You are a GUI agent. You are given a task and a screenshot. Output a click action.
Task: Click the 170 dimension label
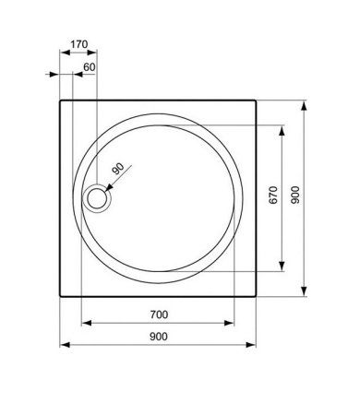[79, 44]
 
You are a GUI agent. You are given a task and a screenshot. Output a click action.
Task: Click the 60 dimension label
[90, 67]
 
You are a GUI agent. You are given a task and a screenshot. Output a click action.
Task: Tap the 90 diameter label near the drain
[118, 169]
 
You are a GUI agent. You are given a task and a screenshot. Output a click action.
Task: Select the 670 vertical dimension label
[273, 196]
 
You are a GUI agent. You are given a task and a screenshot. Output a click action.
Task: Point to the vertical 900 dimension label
[294, 195]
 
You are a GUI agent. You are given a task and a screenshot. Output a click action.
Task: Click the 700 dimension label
[159, 314]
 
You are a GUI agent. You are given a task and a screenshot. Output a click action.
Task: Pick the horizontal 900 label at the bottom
[159, 337]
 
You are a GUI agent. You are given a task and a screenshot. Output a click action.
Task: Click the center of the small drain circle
[97, 198]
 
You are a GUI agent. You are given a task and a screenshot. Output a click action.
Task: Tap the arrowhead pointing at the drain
[108, 188]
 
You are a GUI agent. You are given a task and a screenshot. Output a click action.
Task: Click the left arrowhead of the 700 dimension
[87, 323]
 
